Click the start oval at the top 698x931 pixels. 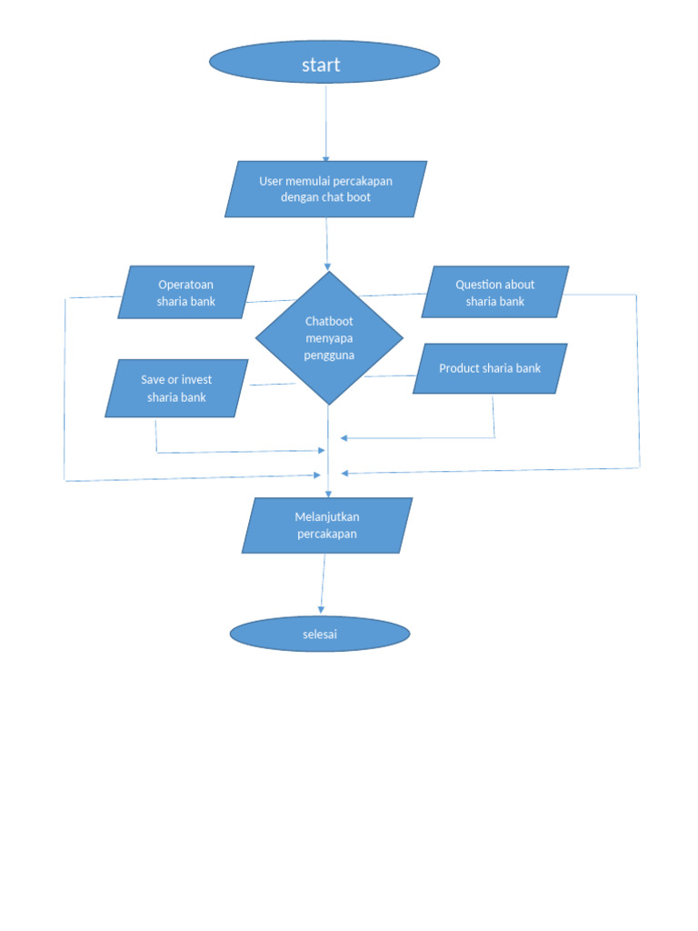(x=324, y=63)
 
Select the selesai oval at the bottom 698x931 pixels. (x=320, y=634)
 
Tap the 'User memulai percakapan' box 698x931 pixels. (x=325, y=189)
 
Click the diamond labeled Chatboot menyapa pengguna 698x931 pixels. (x=329, y=338)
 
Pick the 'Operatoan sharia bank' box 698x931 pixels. (x=185, y=293)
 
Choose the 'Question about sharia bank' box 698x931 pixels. (x=495, y=293)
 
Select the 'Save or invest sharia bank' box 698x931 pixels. (x=176, y=388)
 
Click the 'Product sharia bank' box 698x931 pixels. (x=490, y=368)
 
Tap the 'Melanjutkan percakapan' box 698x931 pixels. (x=327, y=526)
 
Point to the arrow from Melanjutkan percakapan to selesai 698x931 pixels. (x=323, y=584)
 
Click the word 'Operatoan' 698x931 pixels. (x=185, y=285)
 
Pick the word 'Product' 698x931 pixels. (x=460, y=368)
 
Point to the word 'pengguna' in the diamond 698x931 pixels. (x=329, y=355)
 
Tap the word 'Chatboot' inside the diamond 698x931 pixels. (x=329, y=321)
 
